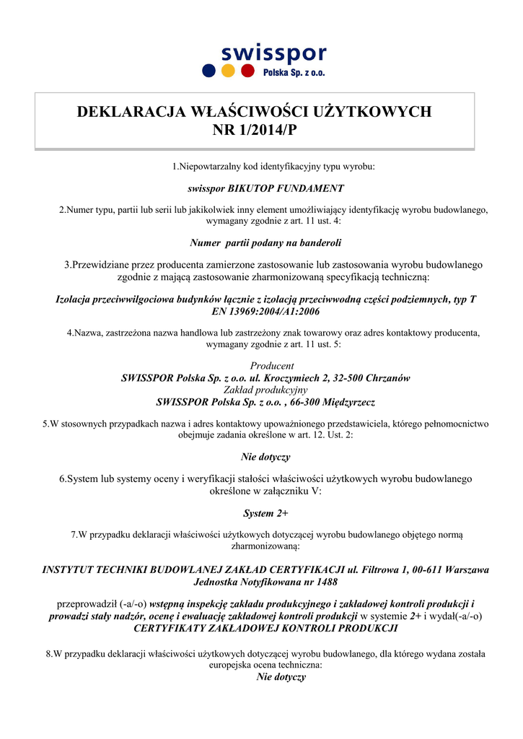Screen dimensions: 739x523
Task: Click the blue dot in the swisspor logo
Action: pos(209,71)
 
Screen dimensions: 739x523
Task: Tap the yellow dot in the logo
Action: pos(229,71)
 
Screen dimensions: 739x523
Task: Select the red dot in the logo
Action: pos(247,71)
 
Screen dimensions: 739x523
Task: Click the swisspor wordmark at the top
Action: pos(273,52)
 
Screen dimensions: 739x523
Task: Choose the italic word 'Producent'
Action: pos(272,366)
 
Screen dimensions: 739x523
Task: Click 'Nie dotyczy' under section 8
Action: pos(281,677)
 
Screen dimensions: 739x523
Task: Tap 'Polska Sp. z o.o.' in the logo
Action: pos(293,73)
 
